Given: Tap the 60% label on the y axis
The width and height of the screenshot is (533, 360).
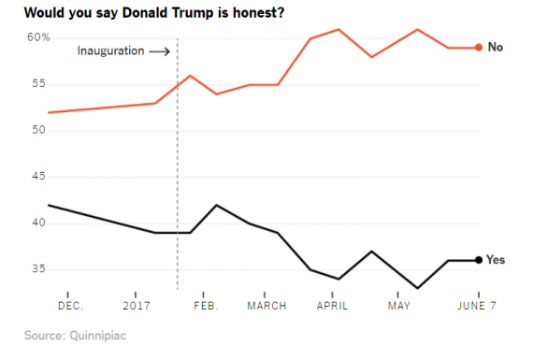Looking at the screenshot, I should coord(37,37).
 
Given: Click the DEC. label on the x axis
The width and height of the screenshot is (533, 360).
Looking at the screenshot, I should coord(70,306).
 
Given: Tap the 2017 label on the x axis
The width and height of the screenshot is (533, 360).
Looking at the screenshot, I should coord(137,306).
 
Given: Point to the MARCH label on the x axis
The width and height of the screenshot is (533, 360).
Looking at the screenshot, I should coord(266,306).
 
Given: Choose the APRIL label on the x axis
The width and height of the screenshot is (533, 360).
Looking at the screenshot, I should coord(333,306).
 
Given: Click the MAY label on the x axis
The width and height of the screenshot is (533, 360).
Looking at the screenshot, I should coord(399,306).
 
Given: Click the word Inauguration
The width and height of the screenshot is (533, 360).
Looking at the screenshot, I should coord(110,51).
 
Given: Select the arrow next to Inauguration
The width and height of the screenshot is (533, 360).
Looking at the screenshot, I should coord(160,51).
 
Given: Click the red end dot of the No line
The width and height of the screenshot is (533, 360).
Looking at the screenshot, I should coord(479,48).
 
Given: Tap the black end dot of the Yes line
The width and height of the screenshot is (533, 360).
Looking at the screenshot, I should coord(479,260).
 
